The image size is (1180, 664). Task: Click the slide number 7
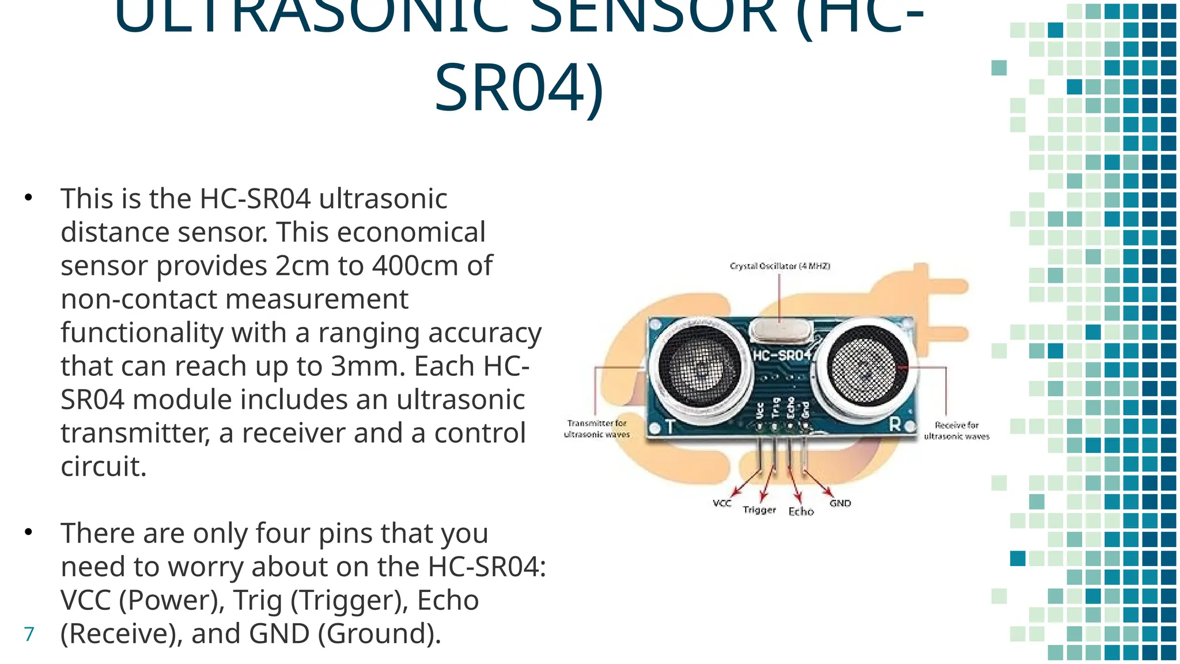coord(29,634)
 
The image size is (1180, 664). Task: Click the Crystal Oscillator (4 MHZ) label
coord(780,266)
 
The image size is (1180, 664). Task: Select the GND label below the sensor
coord(840,503)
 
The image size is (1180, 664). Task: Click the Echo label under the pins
coord(801,511)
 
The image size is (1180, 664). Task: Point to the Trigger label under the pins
coord(759,510)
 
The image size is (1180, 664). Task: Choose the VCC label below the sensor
coord(722,503)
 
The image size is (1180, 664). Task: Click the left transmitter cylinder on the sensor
coord(699,366)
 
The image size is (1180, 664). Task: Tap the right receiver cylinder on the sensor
coord(865,367)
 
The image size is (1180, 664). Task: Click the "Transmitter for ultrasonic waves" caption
coord(597,429)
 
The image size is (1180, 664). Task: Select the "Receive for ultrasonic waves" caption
coord(956,431)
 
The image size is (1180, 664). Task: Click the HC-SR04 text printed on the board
coord(782,355)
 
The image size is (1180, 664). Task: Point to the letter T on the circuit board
coord(670,427)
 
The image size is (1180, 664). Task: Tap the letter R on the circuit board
coord(895,425)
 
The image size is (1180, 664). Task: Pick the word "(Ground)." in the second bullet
coord(379,633)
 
